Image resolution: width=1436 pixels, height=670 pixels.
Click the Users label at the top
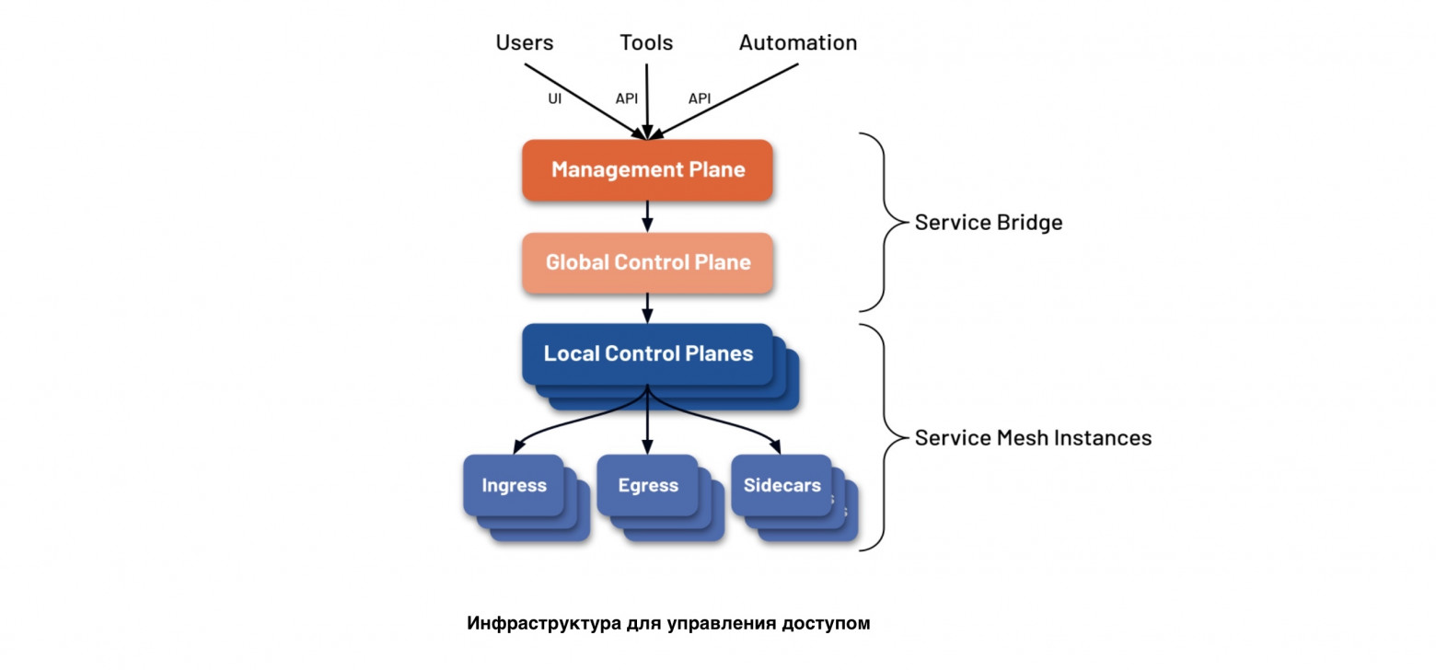(525, 42)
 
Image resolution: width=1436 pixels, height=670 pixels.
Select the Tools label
(646, 42)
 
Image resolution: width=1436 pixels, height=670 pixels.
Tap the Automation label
(797, 42)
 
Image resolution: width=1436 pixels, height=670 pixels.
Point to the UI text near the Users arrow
(555, 98)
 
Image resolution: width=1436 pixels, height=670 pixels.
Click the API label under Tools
(626, 98)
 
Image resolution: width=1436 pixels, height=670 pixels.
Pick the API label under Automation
(701, 98)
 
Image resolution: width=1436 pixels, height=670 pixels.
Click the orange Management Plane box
(647, 169)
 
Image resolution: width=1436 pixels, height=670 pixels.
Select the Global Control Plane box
(647, 262)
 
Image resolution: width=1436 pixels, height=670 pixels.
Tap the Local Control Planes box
(647, 353)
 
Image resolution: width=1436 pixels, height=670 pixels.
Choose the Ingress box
(514, 485)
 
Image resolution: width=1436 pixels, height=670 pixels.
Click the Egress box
(647, 485)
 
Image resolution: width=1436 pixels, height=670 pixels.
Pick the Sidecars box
(782, 485)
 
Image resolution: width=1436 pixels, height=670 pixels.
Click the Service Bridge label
(988, 223)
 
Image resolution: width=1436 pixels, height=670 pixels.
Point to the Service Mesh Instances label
(1033, 438)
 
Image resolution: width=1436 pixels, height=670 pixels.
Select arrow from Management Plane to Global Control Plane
(647, 216)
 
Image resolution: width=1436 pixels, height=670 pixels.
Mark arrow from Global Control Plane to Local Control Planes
(647, 307)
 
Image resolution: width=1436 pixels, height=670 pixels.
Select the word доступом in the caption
(825, 623)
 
